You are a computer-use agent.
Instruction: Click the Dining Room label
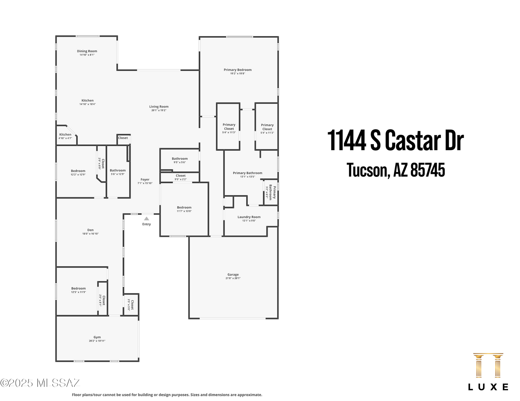click(87, 51)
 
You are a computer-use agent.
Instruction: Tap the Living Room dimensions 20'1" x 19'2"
click(159, 110)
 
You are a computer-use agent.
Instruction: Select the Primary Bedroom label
click(237, 70)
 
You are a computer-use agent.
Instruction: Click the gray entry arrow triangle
click(147, 219)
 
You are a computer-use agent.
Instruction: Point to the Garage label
click(233, 275)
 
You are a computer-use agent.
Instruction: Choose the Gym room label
click(97, 337)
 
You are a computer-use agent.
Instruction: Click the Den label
click(90, 230)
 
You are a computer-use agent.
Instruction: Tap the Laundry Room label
click(249, 217)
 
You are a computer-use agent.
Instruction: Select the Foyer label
click(145, 180)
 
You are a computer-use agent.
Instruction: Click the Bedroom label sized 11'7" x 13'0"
click(184, 207)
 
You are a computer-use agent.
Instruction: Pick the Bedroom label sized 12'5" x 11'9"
click(78, 288)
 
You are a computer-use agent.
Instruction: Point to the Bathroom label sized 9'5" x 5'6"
click(179, 159)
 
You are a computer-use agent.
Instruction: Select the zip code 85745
click(428, 170)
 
